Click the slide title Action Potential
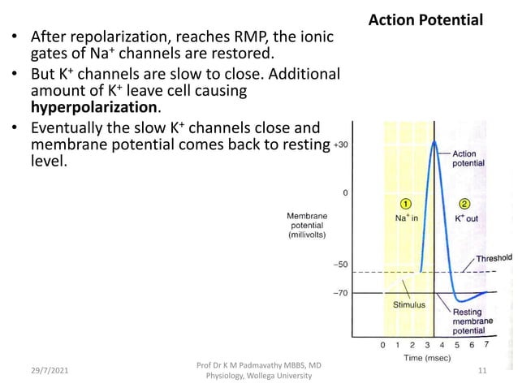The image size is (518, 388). [437, 19]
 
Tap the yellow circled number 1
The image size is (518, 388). [405, 202]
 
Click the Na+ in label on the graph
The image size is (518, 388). [403, 218]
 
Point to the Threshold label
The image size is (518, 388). [493, 258]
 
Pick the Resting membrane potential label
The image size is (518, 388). [472, 321]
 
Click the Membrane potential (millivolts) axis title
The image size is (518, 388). [307, 225]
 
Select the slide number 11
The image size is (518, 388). [481, 370]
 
